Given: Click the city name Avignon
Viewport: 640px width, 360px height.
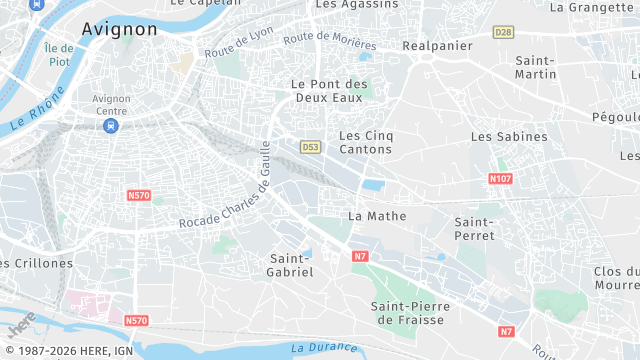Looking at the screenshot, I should tap(119, 29).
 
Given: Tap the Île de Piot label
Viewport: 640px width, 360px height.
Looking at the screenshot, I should tap(59, 55).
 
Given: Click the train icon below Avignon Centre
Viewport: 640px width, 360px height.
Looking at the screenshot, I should tap(111, 126).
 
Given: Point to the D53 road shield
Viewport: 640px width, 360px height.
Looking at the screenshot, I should tap(310, 147).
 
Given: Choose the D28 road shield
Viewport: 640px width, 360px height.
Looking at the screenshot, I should tap(502, 32).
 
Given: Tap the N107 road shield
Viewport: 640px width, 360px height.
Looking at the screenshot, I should tap(500, 178).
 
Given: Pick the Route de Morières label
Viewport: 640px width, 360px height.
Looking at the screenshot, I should tap(330, 42).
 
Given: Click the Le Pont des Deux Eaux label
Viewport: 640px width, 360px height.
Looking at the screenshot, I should tap(329, 92).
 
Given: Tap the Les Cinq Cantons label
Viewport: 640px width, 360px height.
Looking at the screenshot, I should tap(365, 142).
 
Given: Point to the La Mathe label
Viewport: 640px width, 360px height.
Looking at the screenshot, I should tap(369, 215).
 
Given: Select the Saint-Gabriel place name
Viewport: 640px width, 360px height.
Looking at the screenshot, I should tap(291, 265).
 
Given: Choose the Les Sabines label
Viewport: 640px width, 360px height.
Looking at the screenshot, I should tap(509, 136).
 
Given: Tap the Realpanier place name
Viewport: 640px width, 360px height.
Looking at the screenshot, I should tap(437, 46).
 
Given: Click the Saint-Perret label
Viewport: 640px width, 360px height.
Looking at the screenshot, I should tap(477, 227).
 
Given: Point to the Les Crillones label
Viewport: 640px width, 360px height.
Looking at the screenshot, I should tap(37, 263).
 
